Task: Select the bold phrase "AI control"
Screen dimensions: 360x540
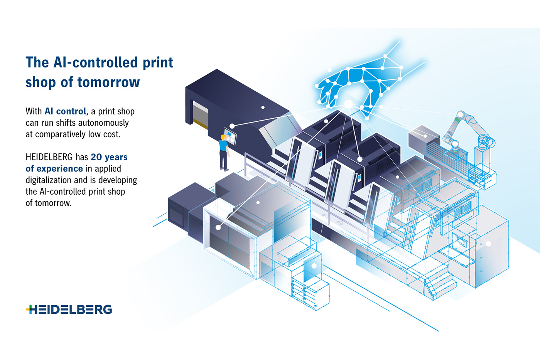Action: [65, 111]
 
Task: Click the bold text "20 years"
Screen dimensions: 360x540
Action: [109, 157]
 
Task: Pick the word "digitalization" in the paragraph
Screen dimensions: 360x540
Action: [48, 180]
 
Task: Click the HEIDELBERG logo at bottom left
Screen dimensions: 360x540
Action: [69, 310]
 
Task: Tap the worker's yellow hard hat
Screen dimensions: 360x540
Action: [223, 137]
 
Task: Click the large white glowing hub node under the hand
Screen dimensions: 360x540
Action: [348, 104]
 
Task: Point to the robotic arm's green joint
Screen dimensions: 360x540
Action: [458, 120]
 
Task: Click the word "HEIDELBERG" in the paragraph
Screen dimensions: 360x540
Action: [49, 157]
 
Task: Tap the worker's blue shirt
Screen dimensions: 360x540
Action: [223, 146]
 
